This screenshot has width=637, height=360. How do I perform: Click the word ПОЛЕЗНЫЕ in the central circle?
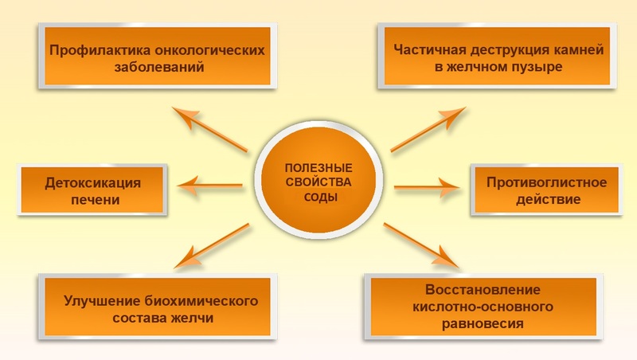pyautogui.click(x=318, y=167)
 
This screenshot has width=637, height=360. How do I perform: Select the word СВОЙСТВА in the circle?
pyautogui.click(x=318, y=182)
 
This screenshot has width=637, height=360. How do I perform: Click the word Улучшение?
pyautogui.click(x=96, y=302)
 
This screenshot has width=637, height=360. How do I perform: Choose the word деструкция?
pyautogui.click(x=508, y=49)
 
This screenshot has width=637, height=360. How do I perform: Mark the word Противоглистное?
pyautogui.click(x=547, y=182)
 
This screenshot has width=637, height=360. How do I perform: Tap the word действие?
pyautogui.click(x=547, y=199)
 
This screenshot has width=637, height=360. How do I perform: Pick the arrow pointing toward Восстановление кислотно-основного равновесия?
pyautogui.click(x=421, y=245)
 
